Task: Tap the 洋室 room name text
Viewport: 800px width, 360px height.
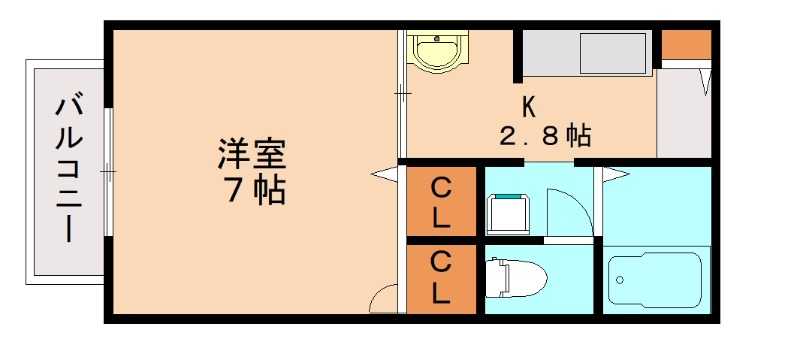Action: coord(252,156)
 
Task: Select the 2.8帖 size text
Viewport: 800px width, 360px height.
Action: coord(545,135)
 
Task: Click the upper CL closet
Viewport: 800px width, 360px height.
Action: coord(441,201)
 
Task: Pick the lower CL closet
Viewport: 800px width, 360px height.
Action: coord(441,278)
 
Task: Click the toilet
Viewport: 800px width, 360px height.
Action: coord(515,277)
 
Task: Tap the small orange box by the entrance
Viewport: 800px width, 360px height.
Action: coord(686,44)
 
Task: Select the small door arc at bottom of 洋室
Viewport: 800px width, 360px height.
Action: coord(385,298)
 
